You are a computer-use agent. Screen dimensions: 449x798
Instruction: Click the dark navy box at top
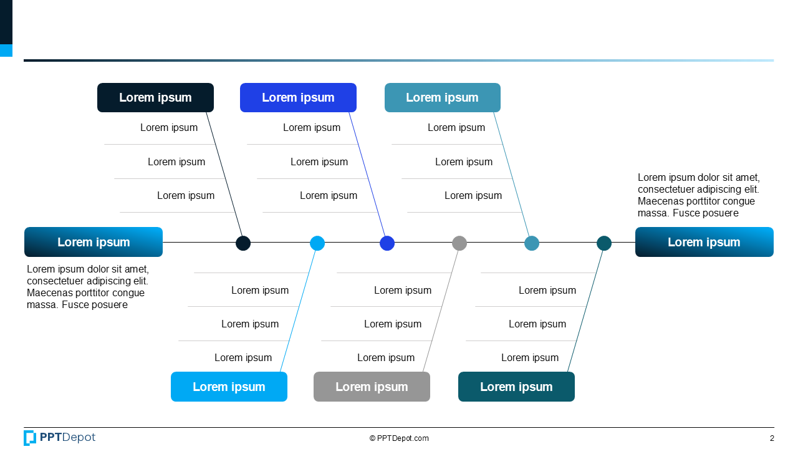(155, 98)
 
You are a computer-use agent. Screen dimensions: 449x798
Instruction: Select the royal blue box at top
(298, 98)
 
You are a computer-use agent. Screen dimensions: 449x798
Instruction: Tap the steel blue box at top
(442, 98)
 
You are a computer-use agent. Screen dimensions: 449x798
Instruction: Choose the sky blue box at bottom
(229, 387)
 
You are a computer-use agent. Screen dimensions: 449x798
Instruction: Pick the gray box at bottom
(372, 387)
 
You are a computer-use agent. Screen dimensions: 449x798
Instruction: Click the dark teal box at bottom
(516, 387)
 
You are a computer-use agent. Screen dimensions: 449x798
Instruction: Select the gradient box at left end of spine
(94, 242)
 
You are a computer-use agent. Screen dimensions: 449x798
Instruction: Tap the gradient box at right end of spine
(704, 242)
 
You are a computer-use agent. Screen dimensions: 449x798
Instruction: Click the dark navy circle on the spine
(243, 243)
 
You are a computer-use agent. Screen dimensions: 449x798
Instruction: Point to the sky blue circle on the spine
(317, 243)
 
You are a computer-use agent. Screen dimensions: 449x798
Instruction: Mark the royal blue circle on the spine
(387, 243)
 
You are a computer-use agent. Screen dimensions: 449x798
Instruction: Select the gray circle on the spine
(459, 243)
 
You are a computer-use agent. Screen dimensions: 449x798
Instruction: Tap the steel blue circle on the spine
(532, 243)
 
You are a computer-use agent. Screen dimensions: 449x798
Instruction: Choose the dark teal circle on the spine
(604, 243)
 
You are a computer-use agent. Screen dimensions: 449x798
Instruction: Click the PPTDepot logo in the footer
(60, 438)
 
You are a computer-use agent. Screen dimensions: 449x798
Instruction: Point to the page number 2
(772, 438)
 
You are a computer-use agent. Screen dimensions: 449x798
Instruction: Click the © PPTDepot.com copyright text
(399, 438)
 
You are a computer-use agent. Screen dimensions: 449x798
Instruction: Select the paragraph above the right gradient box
(698, 195)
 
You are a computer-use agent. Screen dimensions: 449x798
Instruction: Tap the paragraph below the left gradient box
(87, 287)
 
